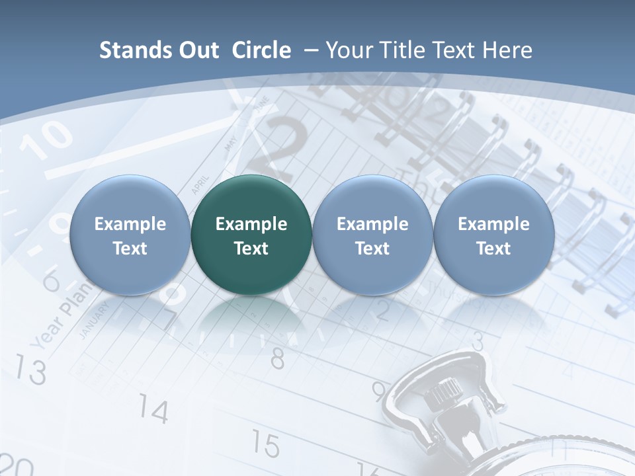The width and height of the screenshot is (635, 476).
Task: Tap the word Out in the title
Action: click(x=196, y=50)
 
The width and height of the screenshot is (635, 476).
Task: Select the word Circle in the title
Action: click(x=261, y=50)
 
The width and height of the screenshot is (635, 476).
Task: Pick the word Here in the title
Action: click(x=508, y=50)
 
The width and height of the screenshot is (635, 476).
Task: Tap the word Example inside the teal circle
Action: click(x=251, y=224)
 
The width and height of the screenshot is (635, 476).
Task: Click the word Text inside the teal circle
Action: click(x=251, y=249)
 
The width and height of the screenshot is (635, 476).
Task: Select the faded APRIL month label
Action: click(x=200, y=184)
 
